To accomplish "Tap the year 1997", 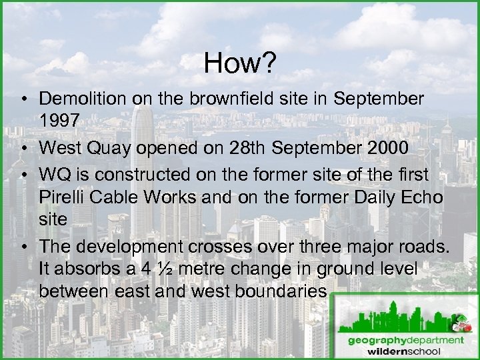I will (x=60, y=121).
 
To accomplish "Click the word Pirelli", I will (x=63, y=197).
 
